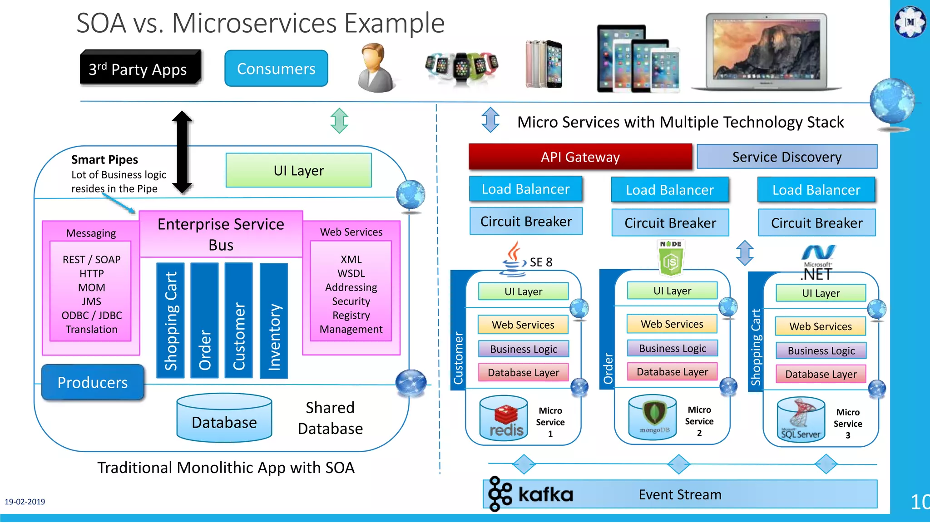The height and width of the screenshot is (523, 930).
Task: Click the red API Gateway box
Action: pyautogui.click(x=580, y=157)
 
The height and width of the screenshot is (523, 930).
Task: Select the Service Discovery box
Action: pyautogui.click(x=787, y=157)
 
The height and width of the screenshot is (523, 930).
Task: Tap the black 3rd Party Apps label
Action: pyautogui.click(x=140, y=69)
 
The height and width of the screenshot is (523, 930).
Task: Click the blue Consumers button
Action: pyautogui.click(x=276, y=69)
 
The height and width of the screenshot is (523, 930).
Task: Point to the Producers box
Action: pyautogui.click(x=93, y=382)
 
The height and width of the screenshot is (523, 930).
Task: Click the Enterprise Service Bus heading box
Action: pyautogui.click(x=221, y=234)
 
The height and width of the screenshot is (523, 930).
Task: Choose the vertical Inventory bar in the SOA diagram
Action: pyautogui.click(x=274, y=321)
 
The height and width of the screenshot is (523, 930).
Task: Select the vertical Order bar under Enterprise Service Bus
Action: pyautogui.click(x=205, y=321)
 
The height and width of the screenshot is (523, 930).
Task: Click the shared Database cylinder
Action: pyautogui.click(x=224, y=418)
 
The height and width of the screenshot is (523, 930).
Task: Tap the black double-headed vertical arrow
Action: pyautogui.click(x=182, y=152)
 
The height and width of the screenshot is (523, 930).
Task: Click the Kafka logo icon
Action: pyautogui.click(x=500, y=494)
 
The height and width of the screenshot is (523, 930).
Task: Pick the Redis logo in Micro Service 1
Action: pyautogui.click(x=505, y=420)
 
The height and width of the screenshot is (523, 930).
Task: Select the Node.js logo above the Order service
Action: pyautogui.click(x=671, y=258)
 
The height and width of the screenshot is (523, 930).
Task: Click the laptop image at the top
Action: pyautogui.click(x=767, y=51)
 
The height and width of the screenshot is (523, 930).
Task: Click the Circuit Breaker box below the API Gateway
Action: pyautogui.click(x=526, y=222)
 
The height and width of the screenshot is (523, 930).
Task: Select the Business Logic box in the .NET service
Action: pyautogui.click(x=821, y=350)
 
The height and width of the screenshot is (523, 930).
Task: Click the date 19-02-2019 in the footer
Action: pyautogui.click(x=25, y=502)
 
